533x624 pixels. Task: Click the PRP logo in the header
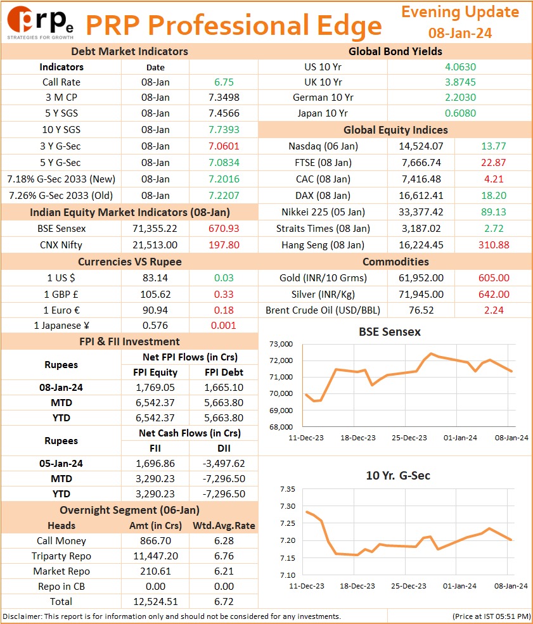point(40,23)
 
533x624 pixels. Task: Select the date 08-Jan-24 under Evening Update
point(459,33)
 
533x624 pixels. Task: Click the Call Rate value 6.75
point(224,82)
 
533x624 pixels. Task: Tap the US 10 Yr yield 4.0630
point(460,67)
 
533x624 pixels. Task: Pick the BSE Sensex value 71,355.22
point(155,229)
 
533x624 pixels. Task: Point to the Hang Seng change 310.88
point(494,245)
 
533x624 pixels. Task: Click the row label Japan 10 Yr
point(323,113)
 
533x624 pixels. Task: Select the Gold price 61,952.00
point(421,277)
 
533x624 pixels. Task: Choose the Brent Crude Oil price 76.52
point(421,310)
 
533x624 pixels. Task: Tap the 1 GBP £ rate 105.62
point(155,294)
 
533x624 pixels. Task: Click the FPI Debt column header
point(224,372)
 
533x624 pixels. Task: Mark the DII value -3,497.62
point(224,463)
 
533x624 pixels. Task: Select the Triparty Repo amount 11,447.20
point(155,556)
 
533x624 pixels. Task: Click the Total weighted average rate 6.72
point(224,601)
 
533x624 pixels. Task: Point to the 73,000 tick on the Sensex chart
point(281,344)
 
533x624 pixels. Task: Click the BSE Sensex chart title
point(390,331)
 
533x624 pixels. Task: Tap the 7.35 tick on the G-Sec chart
point(287,489)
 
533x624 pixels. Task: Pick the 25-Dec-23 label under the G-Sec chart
point(408,586)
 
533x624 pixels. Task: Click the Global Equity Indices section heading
point(395,130)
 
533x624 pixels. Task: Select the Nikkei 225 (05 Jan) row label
point(323,212)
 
